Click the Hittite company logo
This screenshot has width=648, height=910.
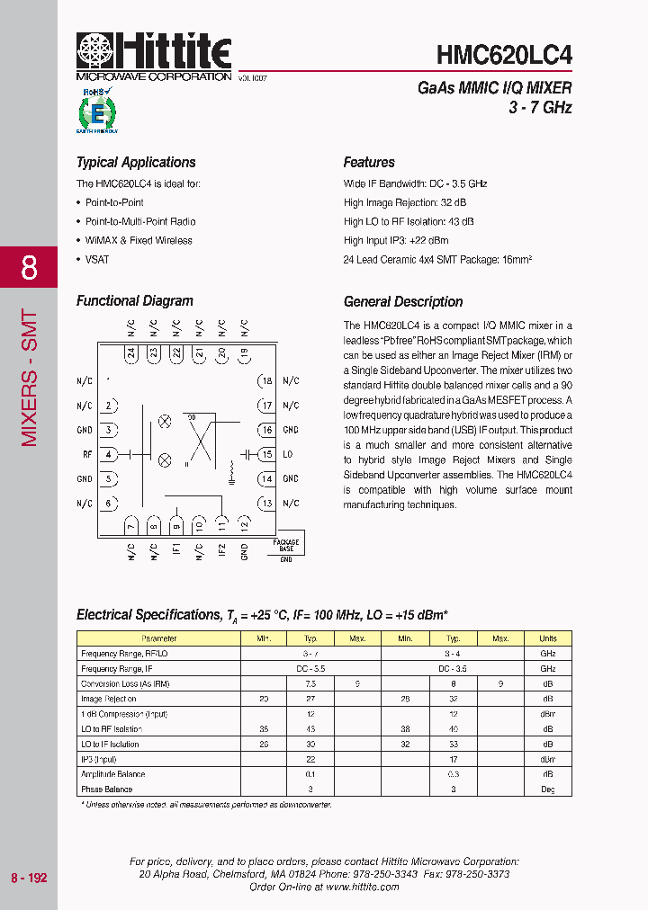point(154,54)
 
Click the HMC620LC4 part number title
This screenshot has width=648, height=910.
point(504,55)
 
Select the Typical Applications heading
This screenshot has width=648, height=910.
point(136,163)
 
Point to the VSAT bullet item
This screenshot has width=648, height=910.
point(98,259)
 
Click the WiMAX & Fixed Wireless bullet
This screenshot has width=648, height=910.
point(139,240)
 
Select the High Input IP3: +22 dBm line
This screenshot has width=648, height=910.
point(396,240)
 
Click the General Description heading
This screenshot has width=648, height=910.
point(403,302)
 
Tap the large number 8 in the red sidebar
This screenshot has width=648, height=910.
point(29,268)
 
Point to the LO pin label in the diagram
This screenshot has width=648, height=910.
point(288,455)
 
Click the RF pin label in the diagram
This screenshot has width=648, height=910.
point(87,455)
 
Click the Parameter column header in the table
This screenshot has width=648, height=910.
point(159,638)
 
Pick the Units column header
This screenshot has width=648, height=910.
point(547,638)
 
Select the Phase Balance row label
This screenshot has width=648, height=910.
point(107,790)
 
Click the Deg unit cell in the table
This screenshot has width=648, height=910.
point(547,790)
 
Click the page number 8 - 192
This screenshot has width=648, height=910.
point(29,878)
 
